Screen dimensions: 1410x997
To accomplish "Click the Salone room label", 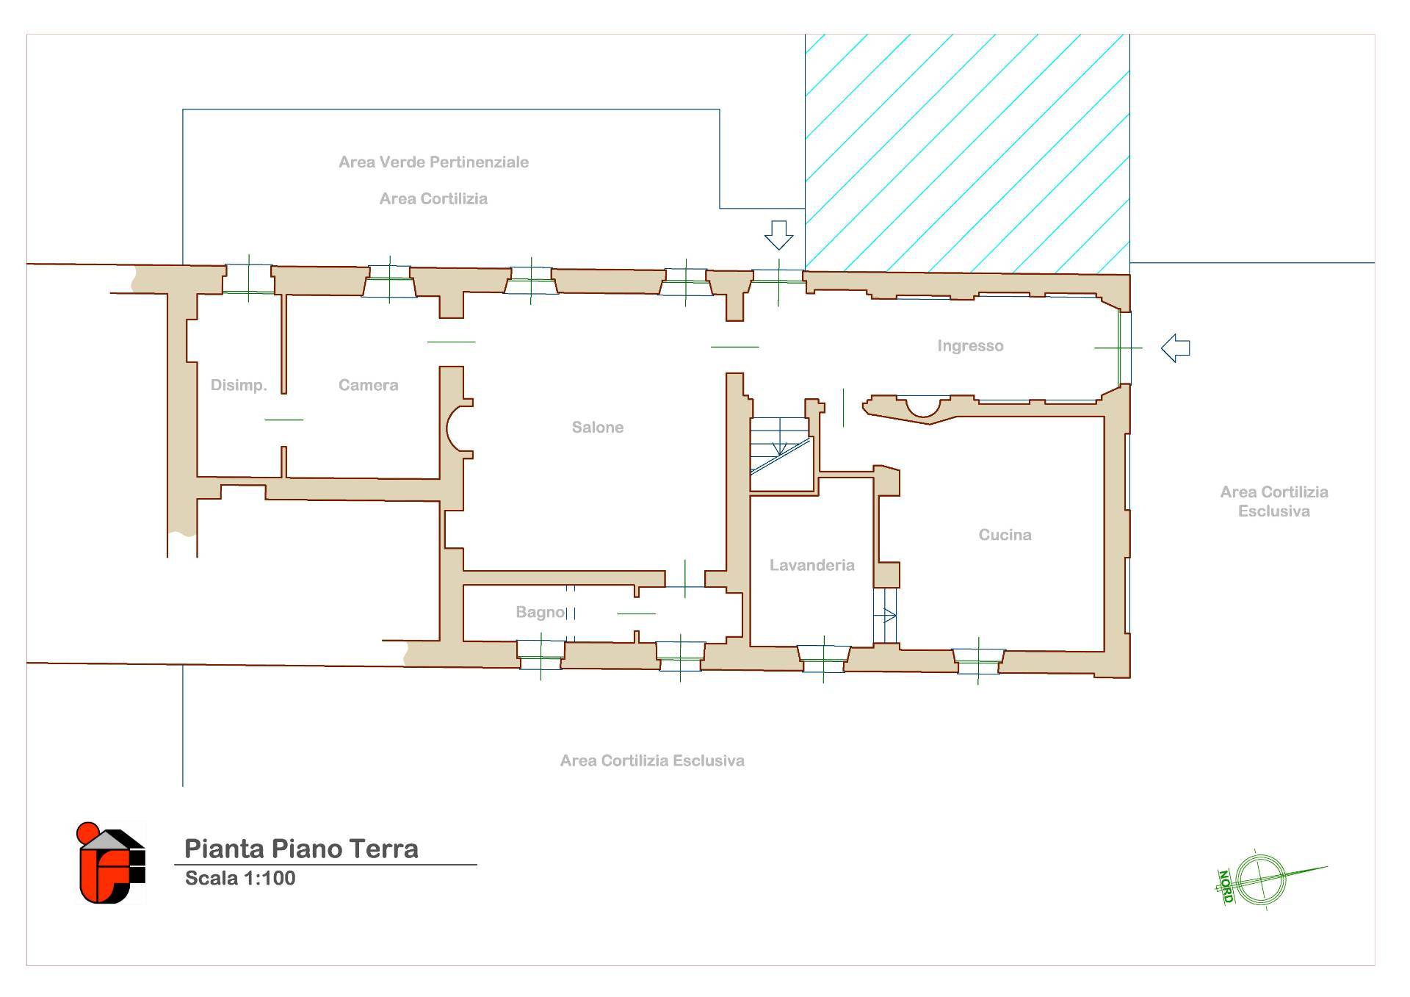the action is (x=598, y=427).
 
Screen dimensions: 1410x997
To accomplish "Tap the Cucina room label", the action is (x=1005, y=535).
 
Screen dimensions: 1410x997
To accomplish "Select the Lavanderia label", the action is (x=811, y=565).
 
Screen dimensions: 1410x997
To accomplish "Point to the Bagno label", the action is (x=540, y=612).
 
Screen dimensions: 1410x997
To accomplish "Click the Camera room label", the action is (x=368, y=385).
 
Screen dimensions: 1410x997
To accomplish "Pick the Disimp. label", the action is (x=239, y=385).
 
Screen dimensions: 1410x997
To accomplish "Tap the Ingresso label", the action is (x=970, y=346).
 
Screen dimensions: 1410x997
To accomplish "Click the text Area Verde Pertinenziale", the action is (x=433, y=162).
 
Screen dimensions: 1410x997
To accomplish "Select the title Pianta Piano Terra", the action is (x=301, y=849).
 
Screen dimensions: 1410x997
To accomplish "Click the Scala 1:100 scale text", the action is (x=240, y=878).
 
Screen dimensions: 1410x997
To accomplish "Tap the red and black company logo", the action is (x=112, y=863).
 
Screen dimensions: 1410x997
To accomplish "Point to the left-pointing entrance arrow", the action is (x=1175, y=348).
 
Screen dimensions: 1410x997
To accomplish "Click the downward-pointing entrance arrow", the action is (x=778, y=235).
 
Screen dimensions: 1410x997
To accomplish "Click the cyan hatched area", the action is (x=967, y=153).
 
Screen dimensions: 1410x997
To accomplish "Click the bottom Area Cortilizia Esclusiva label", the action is (x=652, y=761).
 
